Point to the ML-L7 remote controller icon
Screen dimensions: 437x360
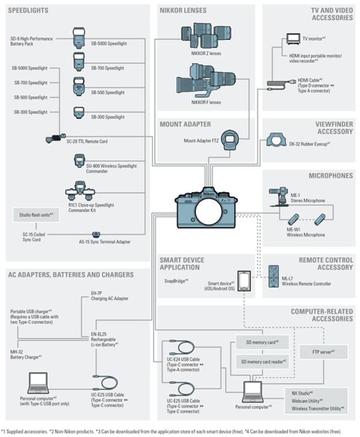[x=273, y=277]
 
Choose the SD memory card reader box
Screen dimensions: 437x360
[x=263, y=361]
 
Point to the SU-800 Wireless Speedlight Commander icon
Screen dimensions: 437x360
[x=79, y=162]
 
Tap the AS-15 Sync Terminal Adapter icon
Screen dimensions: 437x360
[x=96, y=234]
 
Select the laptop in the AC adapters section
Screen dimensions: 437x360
[x=38, y=383]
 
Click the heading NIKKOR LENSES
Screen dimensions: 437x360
[x=183, y=10]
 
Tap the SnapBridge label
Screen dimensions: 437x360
[x=176, y=281]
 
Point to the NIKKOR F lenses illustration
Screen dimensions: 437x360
[x=206, y=81]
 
